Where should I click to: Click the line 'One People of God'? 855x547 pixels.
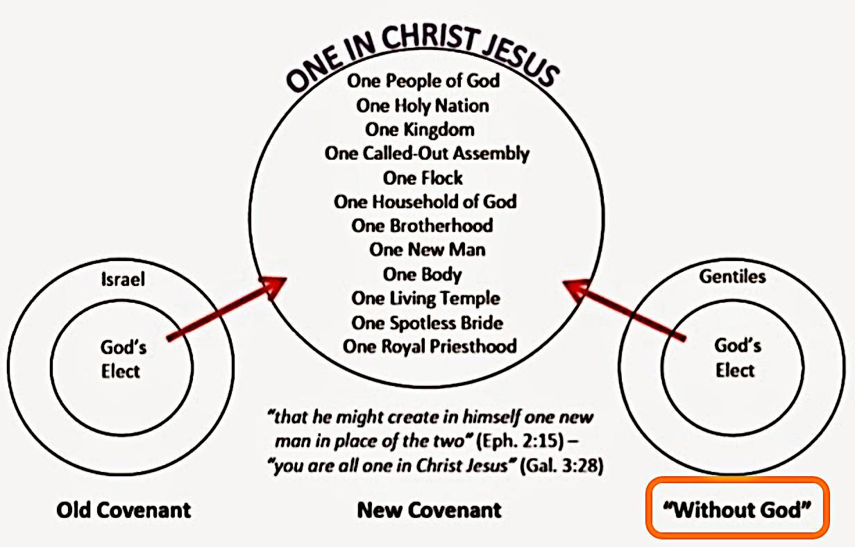pos(423,81)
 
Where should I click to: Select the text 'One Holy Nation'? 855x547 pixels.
pos(423,106)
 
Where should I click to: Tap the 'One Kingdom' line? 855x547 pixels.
pos(420,130)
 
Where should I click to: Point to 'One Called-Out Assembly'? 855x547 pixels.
pos(427,153)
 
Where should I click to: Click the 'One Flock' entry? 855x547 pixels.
pos(423,178)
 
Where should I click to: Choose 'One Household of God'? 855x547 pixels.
pos(425,202)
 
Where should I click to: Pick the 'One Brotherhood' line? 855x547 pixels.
pos(422,226)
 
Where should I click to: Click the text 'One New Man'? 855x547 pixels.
pos(427,249)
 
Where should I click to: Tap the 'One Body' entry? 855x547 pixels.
pos(422,273)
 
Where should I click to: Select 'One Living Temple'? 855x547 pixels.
pos(425,298)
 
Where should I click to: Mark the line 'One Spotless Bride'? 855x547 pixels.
pos(427,323)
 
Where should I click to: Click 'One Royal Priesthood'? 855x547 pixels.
pos(430,346)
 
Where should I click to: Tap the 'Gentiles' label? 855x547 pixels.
pos(732,276)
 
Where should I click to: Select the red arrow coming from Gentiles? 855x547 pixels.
pos(625,310)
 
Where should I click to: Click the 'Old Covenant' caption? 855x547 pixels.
pos(124,511)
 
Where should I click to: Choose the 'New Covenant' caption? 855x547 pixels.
pos(429,511)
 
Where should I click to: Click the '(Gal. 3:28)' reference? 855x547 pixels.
pos(561,466)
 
